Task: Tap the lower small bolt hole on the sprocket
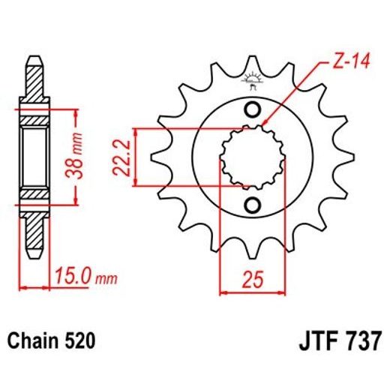pyautogui.click(x=253, y=205)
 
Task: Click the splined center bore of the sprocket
pyautogui.click(x=252, y=158)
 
